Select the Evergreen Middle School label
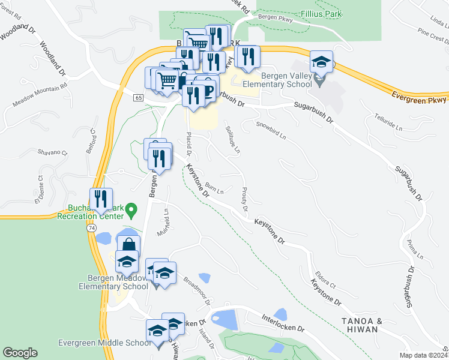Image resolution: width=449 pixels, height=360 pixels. (104, 343)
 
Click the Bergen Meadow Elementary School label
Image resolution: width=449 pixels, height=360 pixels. (113, 281)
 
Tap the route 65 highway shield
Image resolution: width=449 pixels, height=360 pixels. (139, 97)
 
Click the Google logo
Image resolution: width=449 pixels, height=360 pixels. (20, 353)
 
